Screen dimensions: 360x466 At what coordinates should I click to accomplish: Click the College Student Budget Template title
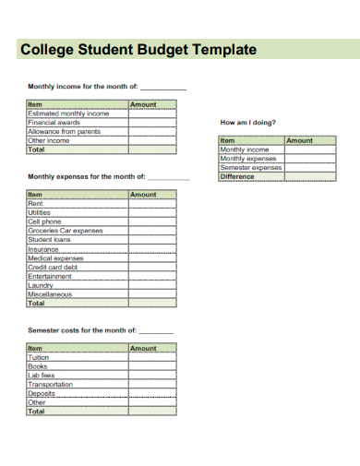coord(138,50)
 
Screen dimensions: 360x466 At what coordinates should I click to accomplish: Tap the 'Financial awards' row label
coord(54,122)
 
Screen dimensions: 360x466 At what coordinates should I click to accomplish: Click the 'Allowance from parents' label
coord(64,131)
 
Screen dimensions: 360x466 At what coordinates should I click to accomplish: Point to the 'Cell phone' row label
coord(44,221)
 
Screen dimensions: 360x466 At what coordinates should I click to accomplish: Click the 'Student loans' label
coord(49,240)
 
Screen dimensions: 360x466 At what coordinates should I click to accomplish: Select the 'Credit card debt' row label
coord(53,267)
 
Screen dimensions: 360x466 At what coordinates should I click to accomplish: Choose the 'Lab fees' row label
coord(42,376)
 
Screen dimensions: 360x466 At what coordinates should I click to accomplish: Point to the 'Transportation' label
coord(50,384)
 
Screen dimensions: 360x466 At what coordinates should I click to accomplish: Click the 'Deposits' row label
coord(42,393)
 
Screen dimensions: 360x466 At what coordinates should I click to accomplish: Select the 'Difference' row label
coord(237,176)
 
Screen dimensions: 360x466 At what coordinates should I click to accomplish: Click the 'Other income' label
coord(49,140)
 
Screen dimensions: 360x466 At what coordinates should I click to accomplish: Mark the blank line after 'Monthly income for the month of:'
coord(163,89)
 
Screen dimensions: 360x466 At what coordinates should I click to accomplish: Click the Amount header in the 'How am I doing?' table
coord(300,140)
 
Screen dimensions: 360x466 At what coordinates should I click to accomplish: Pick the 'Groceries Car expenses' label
coord(66,231)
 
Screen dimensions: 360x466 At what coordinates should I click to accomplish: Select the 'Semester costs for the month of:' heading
coord(82,329)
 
